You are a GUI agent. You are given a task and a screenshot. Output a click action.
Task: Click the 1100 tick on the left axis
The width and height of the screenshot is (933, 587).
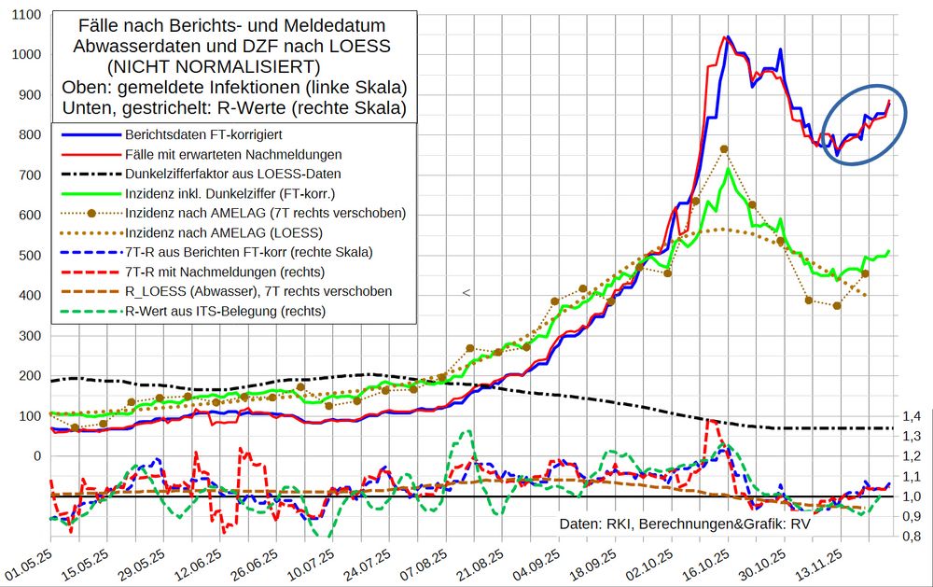(24, 15)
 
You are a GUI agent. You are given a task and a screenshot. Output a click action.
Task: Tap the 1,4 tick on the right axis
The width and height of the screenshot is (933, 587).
(910, 415)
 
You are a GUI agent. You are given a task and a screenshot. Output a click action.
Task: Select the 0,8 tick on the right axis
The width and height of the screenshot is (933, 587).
(910, 537)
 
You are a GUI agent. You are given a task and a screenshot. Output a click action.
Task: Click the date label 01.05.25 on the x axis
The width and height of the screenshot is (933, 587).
(29, 560)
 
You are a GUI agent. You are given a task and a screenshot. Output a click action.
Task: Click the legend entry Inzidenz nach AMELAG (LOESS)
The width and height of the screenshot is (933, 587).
(224, 232)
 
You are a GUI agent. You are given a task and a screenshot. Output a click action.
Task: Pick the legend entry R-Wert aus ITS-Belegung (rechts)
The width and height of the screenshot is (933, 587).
(225, 311)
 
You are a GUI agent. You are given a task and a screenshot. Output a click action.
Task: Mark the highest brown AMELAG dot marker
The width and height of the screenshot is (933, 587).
(724, 148)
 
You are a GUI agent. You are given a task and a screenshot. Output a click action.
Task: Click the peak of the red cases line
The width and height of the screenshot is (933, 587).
(723, 37)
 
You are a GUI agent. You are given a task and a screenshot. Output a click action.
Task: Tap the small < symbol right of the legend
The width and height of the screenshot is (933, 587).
(466, 293)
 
